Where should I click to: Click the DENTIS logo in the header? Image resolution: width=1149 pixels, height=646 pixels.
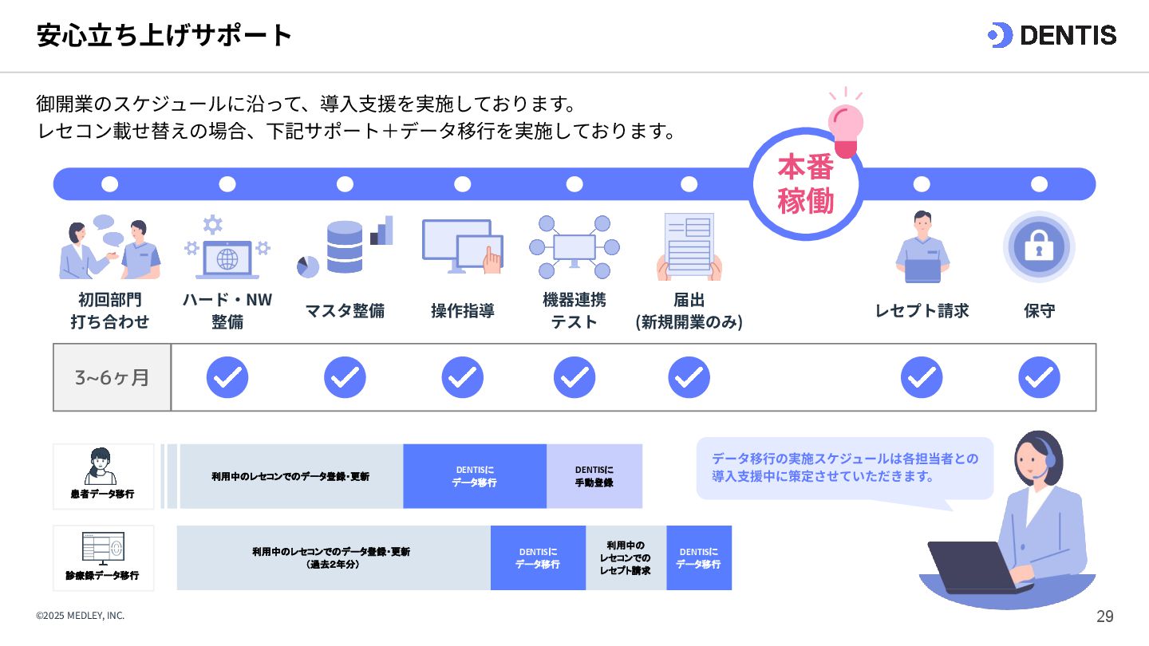(1052, 35)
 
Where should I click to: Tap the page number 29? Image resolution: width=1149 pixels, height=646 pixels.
(1104, 616)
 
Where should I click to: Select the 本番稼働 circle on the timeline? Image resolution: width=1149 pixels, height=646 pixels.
(806, 184)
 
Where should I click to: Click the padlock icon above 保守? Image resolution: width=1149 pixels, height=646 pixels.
(1039, 247)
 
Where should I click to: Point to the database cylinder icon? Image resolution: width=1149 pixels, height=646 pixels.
(345, 246)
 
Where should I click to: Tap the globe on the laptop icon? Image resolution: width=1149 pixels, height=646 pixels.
(227, 259)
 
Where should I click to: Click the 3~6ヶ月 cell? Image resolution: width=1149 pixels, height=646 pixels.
(112, 377)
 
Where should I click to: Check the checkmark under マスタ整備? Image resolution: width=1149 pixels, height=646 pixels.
(345, 377)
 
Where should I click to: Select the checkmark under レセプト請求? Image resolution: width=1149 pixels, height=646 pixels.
(922, 377)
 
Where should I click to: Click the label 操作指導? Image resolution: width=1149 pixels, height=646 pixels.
(462, 310)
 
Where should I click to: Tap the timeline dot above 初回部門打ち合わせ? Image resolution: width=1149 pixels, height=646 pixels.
(110, 184)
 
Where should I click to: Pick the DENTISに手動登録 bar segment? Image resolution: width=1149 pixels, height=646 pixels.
(594, 476)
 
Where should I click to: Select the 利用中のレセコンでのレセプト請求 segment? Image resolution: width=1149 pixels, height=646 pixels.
(626, 557)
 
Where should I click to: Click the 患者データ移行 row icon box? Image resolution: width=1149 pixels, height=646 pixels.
(103, 476)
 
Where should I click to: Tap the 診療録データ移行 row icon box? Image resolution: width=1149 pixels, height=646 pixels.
(103, 557)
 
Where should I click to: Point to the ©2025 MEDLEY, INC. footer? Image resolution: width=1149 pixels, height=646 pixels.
(80, 616)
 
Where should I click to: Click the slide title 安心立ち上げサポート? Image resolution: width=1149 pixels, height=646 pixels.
(164, 35)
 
